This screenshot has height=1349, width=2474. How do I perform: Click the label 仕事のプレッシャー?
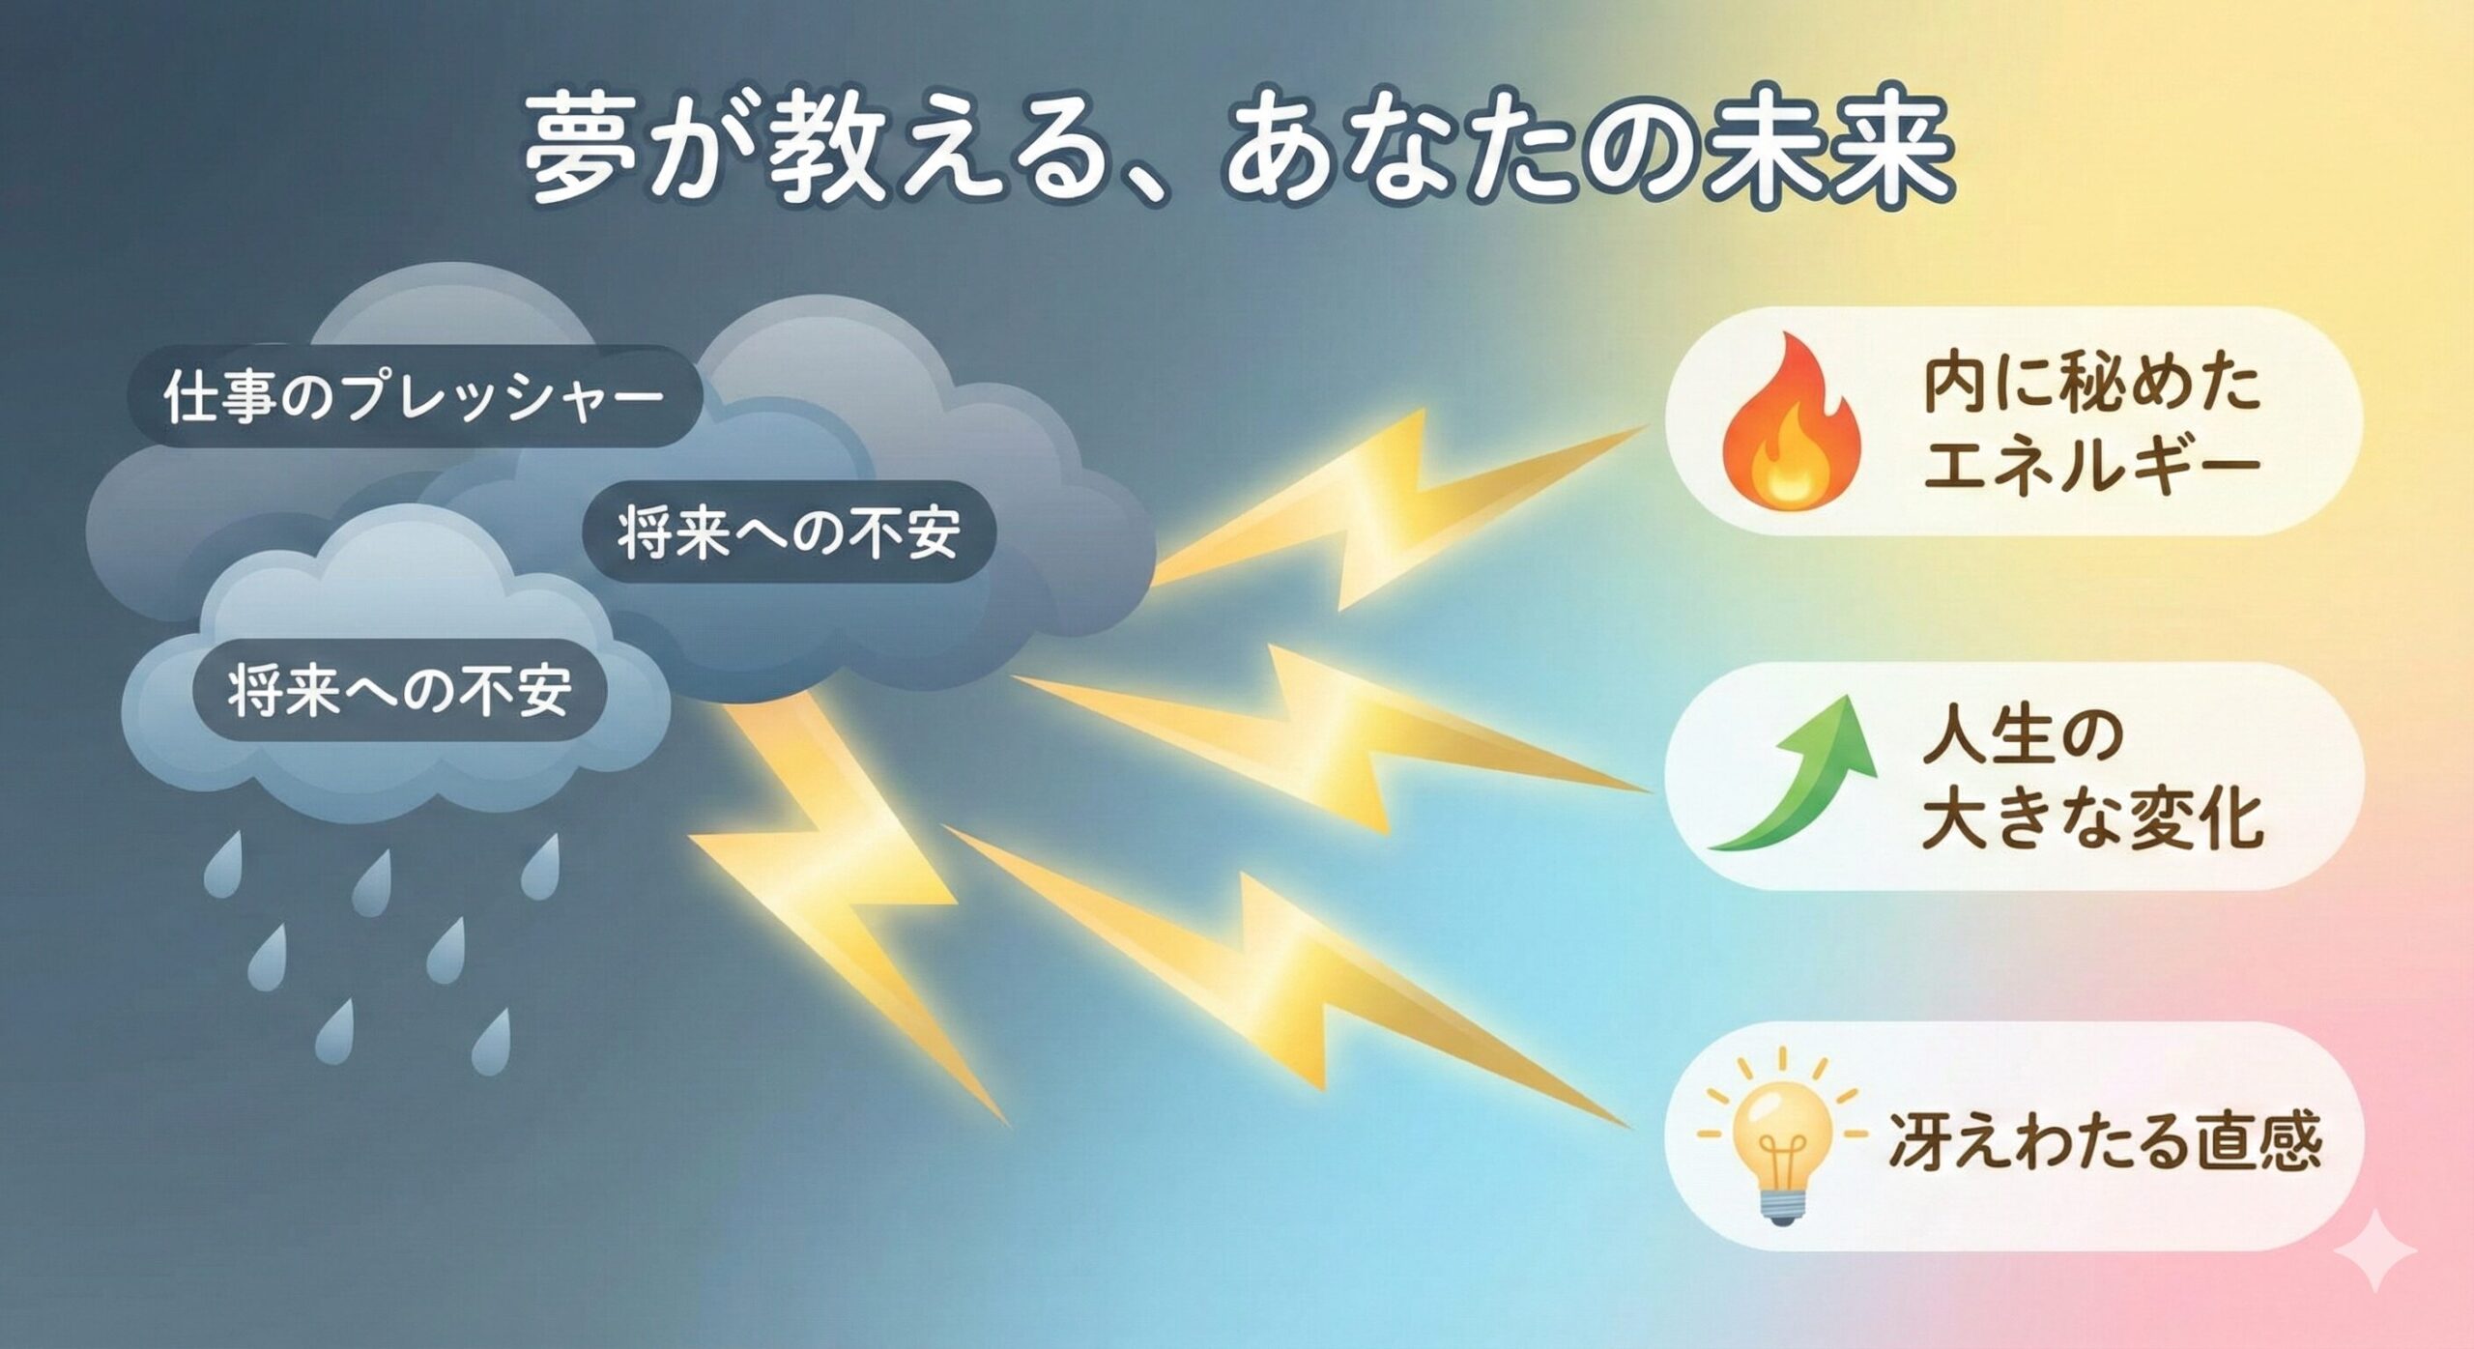pos(415,397)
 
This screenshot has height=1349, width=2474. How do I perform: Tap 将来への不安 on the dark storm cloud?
pos(789,532)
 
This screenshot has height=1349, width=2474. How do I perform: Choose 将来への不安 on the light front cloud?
pos(399,691)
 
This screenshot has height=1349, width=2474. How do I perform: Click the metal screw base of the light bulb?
pos(1780,1203)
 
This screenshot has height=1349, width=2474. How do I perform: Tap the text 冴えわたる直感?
pos(2105,1140)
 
